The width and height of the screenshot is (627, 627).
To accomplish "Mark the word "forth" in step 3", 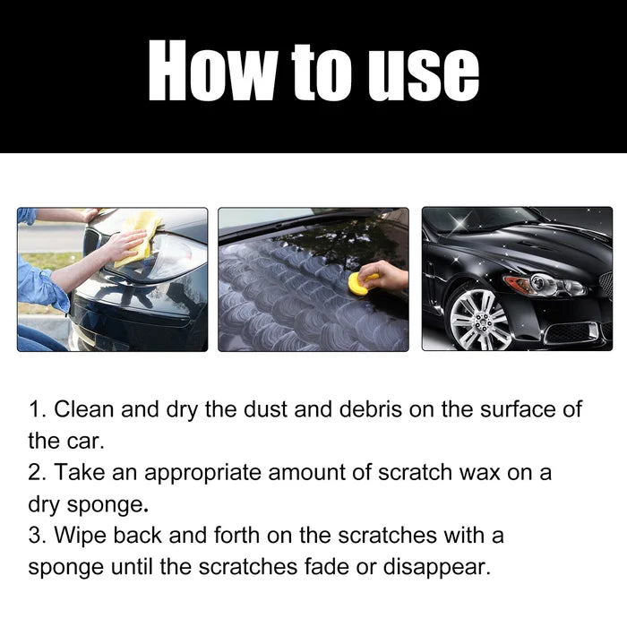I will (233, 536).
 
